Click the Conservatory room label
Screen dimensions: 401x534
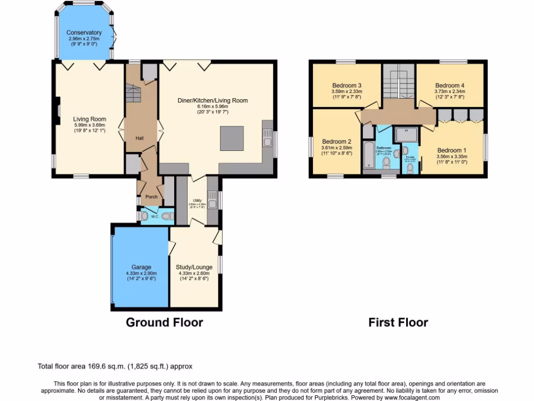click(x=84, y=33)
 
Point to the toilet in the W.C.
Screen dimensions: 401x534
click(x=166, y=216)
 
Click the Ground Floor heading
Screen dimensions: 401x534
click(x=164, y=323)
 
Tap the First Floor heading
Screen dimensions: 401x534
click(x=398, y=323)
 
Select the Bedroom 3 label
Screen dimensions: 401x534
click(x=347, y=85)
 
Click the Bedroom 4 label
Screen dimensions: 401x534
click(x=450, y=85)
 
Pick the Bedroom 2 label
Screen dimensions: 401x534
click(x=336, y=141)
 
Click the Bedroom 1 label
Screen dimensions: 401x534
click(x=451, y=150)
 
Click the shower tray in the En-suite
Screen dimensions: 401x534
click(x=406, y=135)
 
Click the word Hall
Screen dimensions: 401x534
click(x=140, y=138)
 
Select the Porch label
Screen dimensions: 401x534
click(x=151, y=197)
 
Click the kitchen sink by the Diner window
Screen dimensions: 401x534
click(x=268, y=140)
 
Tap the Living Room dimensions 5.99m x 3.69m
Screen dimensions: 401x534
click(x=90, y=125)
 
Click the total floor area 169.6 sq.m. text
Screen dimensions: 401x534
click(x=118, y=367)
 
